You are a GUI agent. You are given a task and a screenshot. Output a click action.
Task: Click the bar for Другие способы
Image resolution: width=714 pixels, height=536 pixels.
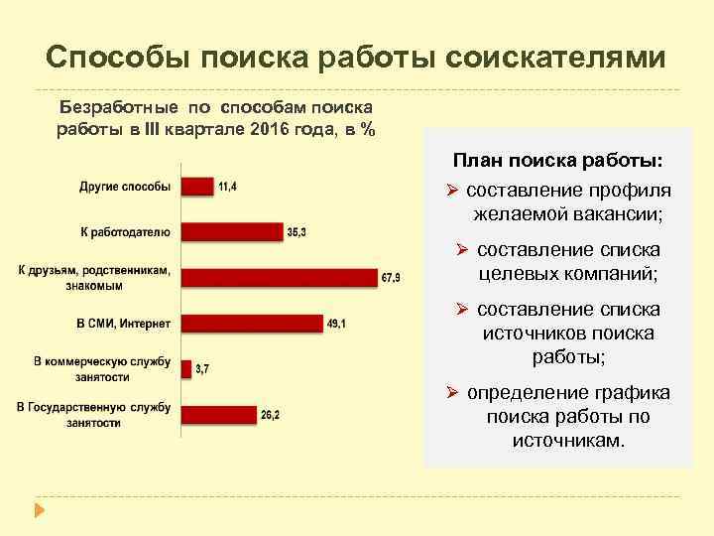pyautogui.click(x=197, y=186)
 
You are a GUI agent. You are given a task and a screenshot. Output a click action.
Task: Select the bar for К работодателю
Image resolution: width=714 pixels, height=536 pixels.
pyautogui.click(x=232, y=231)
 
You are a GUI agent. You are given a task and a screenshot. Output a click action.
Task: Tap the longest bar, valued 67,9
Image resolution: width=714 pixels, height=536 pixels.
pyautogui.click(x=280, y=277)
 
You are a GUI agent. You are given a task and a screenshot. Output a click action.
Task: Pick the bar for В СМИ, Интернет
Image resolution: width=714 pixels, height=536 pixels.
pyautogui.click(x=253, y=323)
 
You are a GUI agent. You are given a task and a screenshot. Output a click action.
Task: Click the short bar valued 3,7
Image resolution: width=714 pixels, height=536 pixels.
pyautogui.click(x=186, y=368)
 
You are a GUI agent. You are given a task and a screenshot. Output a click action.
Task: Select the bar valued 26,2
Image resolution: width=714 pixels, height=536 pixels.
pyautogui.click(x=218, y=414)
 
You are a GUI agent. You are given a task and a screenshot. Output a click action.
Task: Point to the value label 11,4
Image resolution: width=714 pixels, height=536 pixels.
pyautogui.click(x=228, y=186)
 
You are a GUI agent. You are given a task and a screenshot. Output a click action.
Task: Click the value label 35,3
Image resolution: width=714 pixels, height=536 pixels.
pyautogui.click(x=297, y=231)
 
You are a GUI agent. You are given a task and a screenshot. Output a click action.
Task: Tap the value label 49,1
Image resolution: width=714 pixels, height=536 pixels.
pyautogui.click(x=338, y=323)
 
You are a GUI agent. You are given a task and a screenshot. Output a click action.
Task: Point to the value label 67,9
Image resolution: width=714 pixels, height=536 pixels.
pyautogui.click(x=392, y=278)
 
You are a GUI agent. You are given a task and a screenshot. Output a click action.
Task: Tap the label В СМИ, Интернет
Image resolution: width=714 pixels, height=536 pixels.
pyautogui.click(x=123, y=324)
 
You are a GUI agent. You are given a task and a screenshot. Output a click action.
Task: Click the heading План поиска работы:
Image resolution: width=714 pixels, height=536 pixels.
pyautogui.click(x=558, y=160)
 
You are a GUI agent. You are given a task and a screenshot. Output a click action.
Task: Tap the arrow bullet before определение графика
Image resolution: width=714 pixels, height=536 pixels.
pyautogui.click(x=450, y=393)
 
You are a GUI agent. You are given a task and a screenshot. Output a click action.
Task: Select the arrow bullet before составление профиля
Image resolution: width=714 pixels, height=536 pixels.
pyautogui.click(x=450, y=191)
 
